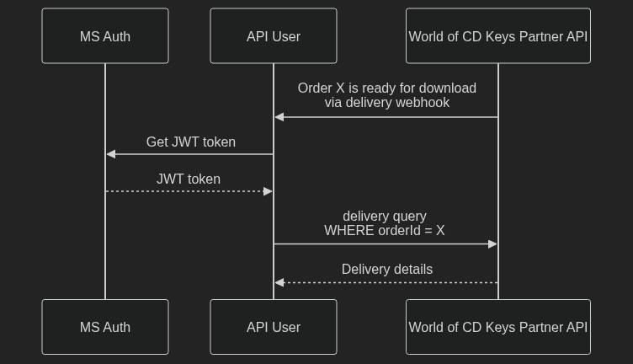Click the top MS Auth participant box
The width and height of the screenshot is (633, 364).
click(x=105, y=36)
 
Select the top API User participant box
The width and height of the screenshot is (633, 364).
click(x=274, y=36)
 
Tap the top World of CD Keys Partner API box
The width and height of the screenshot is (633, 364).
click(x=498, y=36)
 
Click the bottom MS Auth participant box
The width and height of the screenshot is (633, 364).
click(x=105, y=327)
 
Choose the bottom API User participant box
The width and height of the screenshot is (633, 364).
click(x=274, y=327)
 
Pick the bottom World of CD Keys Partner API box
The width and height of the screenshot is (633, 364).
click(x=498, y=327)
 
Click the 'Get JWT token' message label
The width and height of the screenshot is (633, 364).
click(x=190, y=142)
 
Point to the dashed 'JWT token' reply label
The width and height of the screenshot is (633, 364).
click(x=189, y=179)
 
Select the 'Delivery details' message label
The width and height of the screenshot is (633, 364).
click(x=387, y=269)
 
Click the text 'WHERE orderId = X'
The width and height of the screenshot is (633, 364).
click(x=385, y=230)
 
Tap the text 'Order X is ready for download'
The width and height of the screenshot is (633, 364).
click(x=386, y=88)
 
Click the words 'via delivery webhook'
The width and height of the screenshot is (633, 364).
click(x=387, y=102)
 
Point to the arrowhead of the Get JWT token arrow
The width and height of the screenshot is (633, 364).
click(x=111, y=154)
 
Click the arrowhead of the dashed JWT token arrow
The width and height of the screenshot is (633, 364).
click(x=269, y=191)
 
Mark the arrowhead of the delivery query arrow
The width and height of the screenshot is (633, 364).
click(x=493, y=244)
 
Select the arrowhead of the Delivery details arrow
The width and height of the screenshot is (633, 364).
click(x=279, y=282)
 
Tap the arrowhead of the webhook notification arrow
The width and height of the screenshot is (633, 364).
click(x=279, y=117)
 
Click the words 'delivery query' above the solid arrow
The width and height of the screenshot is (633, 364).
click(x=385, y=216)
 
